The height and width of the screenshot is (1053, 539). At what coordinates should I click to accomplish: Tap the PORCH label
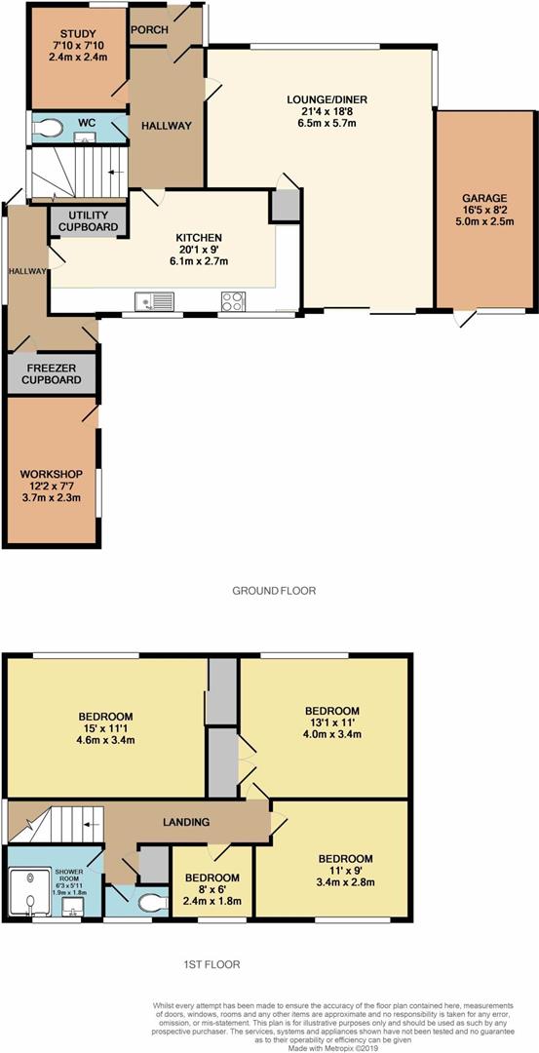pyautogui.click(x=150, y=29)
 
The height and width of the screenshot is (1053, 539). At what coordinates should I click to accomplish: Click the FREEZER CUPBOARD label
pyautogui.click(x=52, y=373)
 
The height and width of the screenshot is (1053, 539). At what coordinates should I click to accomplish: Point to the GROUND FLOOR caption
pyautogui.click(x=273, y=591)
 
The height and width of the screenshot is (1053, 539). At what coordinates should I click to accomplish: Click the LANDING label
pyautogui.click(x=189, y=821)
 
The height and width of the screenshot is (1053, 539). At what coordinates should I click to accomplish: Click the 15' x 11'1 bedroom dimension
pyautogui.click(x=106, y=727)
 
